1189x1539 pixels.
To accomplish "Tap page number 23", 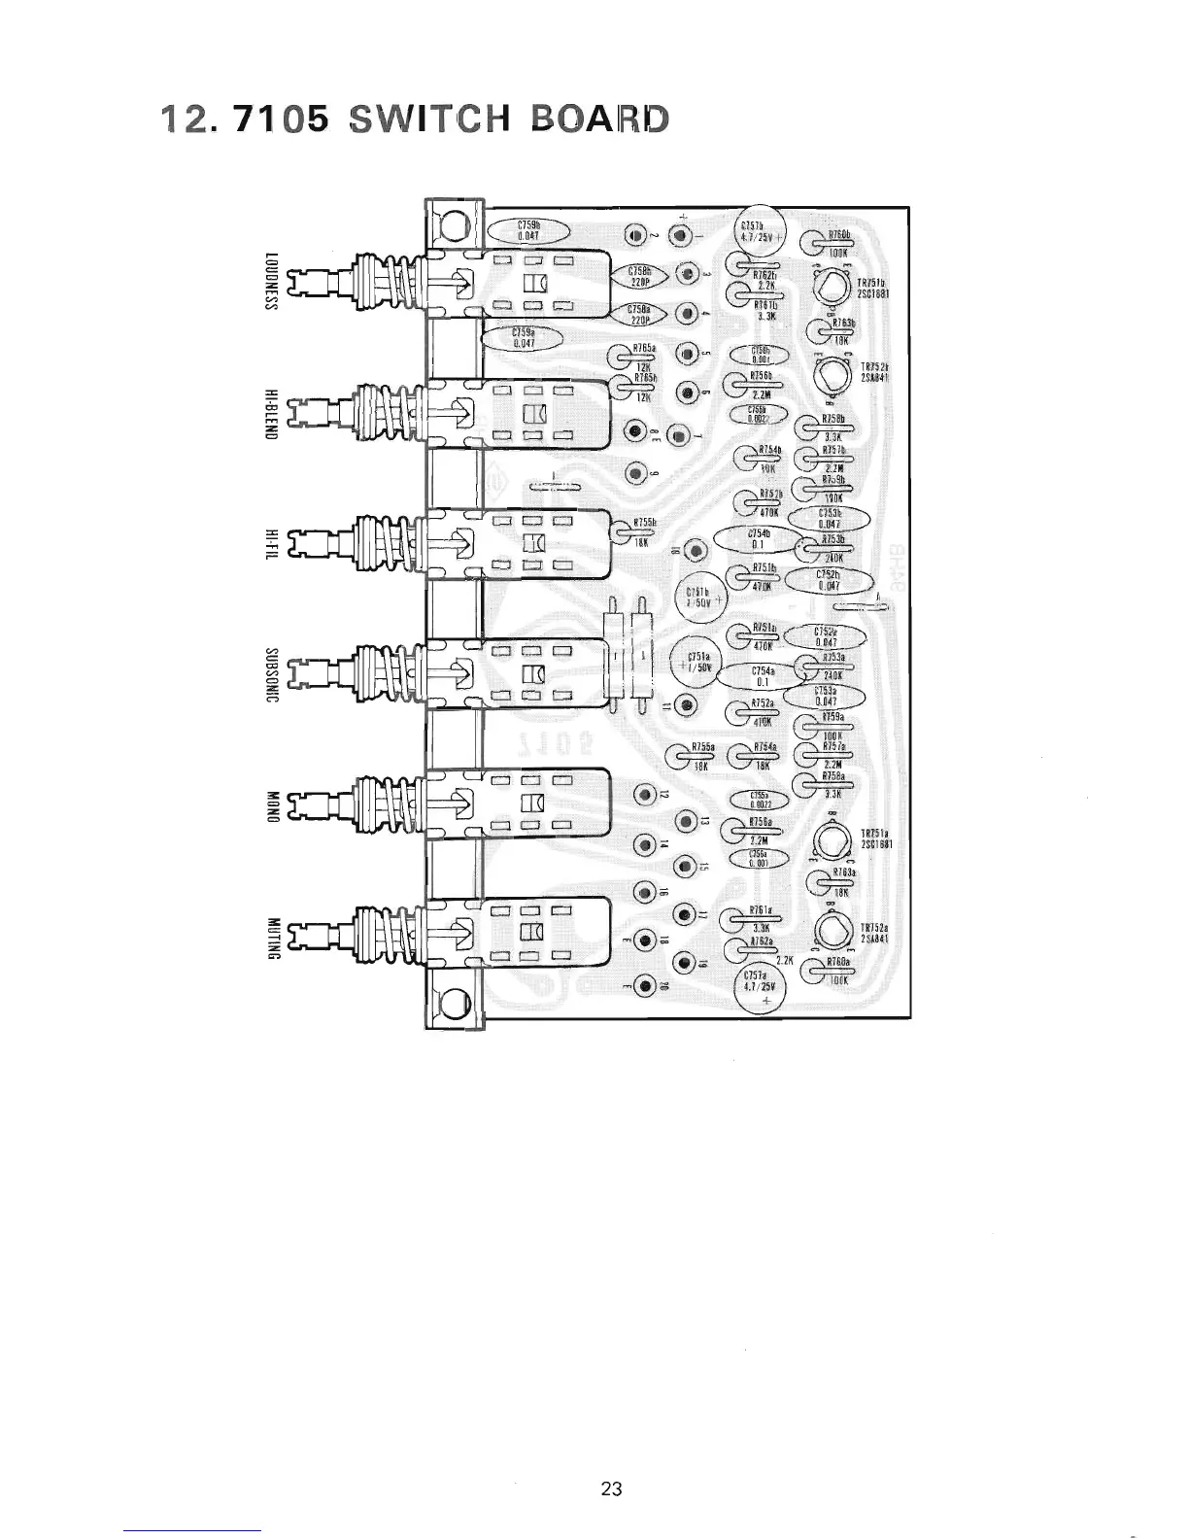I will click(611, 1488).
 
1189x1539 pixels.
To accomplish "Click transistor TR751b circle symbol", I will click(830, 288).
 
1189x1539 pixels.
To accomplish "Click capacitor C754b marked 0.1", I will click(759, 539).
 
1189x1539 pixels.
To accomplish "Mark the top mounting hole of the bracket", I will click(453, 229).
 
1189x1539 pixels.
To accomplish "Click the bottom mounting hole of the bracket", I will click(453, 1003).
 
